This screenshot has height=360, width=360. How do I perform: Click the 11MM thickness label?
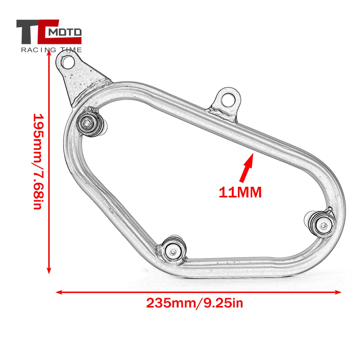(240, 192)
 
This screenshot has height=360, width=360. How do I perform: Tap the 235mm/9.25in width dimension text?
(194, 303)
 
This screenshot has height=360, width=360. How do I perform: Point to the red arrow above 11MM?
(247, 168)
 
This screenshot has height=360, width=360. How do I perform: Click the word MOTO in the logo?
(65, 32)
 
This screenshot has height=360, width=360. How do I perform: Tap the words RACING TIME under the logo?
(51, 50)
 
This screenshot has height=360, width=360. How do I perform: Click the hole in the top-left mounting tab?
(68, 62)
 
